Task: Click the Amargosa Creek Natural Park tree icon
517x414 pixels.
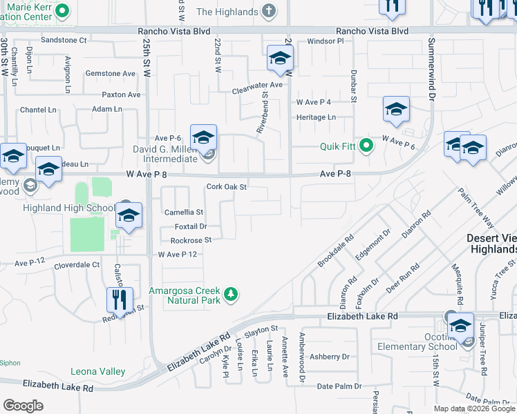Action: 231,295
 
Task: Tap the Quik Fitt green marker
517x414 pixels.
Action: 366,146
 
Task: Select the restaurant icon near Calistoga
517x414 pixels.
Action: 120,300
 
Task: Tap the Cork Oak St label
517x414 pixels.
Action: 227,187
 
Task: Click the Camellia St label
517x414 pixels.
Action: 182,213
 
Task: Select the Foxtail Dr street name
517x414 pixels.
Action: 190,226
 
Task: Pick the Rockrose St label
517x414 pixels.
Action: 190,240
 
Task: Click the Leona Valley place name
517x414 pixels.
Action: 98,371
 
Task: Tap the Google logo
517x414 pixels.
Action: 23,405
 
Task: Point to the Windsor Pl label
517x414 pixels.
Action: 326,41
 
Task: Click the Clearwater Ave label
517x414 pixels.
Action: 258,85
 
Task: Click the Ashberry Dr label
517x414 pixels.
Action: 330,357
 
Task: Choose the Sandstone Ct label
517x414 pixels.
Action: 64,41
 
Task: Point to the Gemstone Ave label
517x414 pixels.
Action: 110,73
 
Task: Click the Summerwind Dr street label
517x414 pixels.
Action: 430,70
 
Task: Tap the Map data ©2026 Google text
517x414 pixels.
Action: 473,408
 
